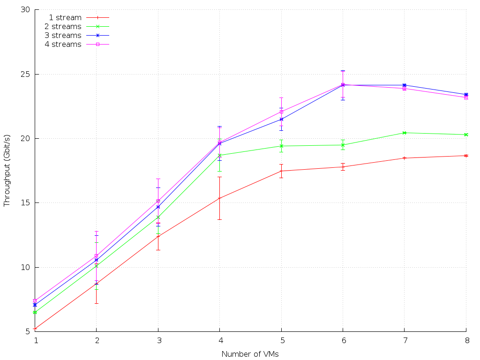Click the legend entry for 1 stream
[x=65, y=18]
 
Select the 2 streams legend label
[x=63, y=27]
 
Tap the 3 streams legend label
[x=63, y=36]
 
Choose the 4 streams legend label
[x=63, y=45]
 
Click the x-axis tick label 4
[x=219, y=341]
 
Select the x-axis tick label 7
[x=404, y=341]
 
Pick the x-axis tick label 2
[x=97, y=341]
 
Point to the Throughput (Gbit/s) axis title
[x=7, y=171]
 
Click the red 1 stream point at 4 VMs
[x=219, y=198]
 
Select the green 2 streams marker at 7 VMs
[x=404, y=133]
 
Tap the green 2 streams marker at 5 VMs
[x=281, y=146]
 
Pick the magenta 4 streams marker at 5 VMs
[x=281, y=112]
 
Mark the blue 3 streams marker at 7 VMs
[x=404, y=85]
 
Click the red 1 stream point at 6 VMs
[x=343, y=167]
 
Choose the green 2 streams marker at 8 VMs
[x=466, y=135]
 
